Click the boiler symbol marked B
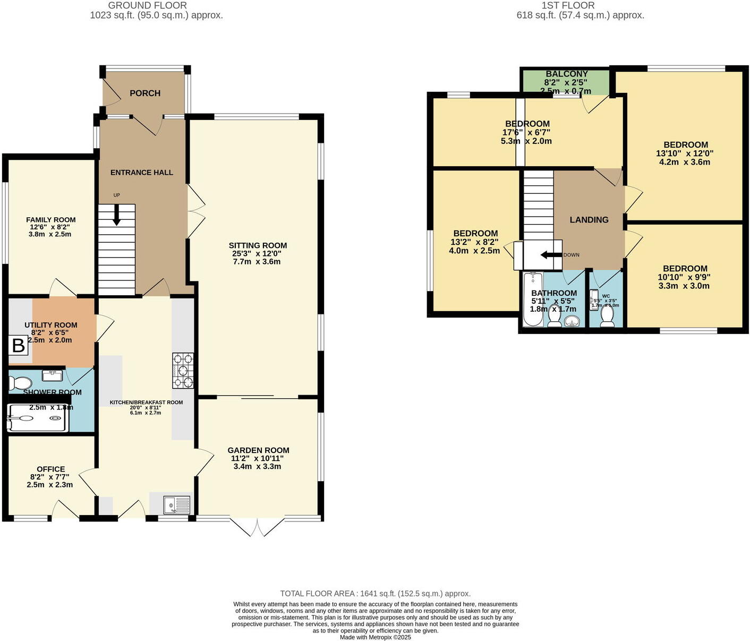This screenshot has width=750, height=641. click(18, 346)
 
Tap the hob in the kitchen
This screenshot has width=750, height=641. click(183, 371)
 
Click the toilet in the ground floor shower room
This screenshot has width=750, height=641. click(19, 383)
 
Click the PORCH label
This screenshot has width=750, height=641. click(145, 93)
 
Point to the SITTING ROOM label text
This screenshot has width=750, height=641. click(258, 245)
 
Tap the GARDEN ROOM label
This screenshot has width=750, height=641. click(258, 450)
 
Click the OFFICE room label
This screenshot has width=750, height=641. click(51, 469)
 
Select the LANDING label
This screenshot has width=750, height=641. click(589, 220)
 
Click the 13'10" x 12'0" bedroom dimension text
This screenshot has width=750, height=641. click(685, 153)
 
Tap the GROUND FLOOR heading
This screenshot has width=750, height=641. click(147, 5)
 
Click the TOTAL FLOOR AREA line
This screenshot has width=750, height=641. click(375, 594)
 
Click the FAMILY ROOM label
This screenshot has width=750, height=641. click(51, 220)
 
